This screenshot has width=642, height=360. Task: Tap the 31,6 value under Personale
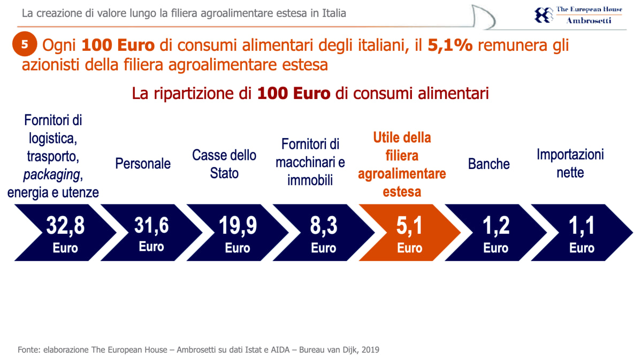click(x=151, y=225)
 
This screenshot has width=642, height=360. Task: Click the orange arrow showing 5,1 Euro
click(x=409, y=232)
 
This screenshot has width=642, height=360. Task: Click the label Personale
click(x=143, y=164)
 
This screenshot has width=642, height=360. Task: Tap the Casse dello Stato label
click(x=224, y=164)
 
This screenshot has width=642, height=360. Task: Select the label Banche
click(x=488, y=164)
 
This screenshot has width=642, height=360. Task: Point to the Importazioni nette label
click(x=570, y=164)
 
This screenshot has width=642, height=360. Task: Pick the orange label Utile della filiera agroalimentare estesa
click(x=402, y=164)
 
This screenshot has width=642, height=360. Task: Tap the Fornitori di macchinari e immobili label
click(x=310, y=162)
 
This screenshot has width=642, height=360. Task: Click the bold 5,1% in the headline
click(x=450, y=46)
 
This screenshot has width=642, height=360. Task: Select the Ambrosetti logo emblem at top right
click(x=544, y=14)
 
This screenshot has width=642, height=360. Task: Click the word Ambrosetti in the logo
click(x=588, y=20)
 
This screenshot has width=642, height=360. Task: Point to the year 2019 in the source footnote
click(x=370, y=350)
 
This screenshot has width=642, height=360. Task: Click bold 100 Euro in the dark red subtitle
click(x=294, y=94)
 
